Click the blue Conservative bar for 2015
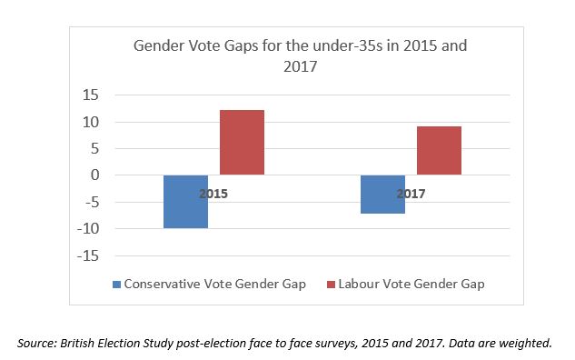tap(185, 201)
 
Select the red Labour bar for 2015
tap(242, 143)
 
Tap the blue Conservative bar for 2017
tap(382, 194)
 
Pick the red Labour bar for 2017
tap(439, 151)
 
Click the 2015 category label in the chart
tap(213, 194)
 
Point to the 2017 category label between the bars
tap(411, 194)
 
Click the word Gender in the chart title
tap(183, 45)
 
